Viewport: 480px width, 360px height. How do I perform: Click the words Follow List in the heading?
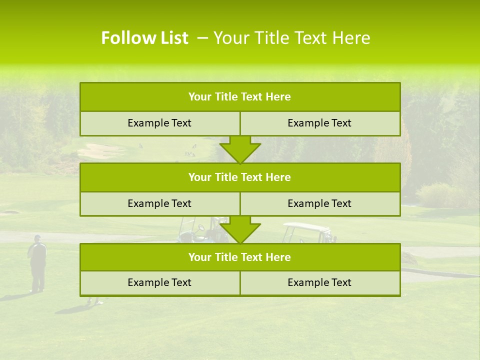coord(144,38)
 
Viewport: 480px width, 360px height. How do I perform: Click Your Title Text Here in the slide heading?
coord(291,38)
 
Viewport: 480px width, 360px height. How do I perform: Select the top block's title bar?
coord(240,97)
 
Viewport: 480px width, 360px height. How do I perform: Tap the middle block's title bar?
coord(240,177)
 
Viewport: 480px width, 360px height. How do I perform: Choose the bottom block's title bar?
coord(240,257)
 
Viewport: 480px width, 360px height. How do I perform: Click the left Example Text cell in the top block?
coord(160,123)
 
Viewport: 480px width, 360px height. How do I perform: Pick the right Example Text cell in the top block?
coord(320,123)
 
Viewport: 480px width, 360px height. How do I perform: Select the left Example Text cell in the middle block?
coord(160,203)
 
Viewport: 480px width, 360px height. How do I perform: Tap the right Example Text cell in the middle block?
coord(320,203)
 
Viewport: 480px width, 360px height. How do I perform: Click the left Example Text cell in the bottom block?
coord(160,282)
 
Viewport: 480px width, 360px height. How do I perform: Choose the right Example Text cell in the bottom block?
coord(320,282)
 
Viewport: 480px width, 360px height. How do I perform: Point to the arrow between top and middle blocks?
coord(240,149)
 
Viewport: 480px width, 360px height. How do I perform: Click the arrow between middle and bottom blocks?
coord(240,229)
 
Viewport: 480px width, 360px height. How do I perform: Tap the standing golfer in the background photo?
coord(37,262)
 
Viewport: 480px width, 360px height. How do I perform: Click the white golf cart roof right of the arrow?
coord(306,227)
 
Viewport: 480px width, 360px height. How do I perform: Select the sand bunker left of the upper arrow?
coord(97,149)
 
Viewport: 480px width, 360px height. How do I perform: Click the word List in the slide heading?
coord(172,38)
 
